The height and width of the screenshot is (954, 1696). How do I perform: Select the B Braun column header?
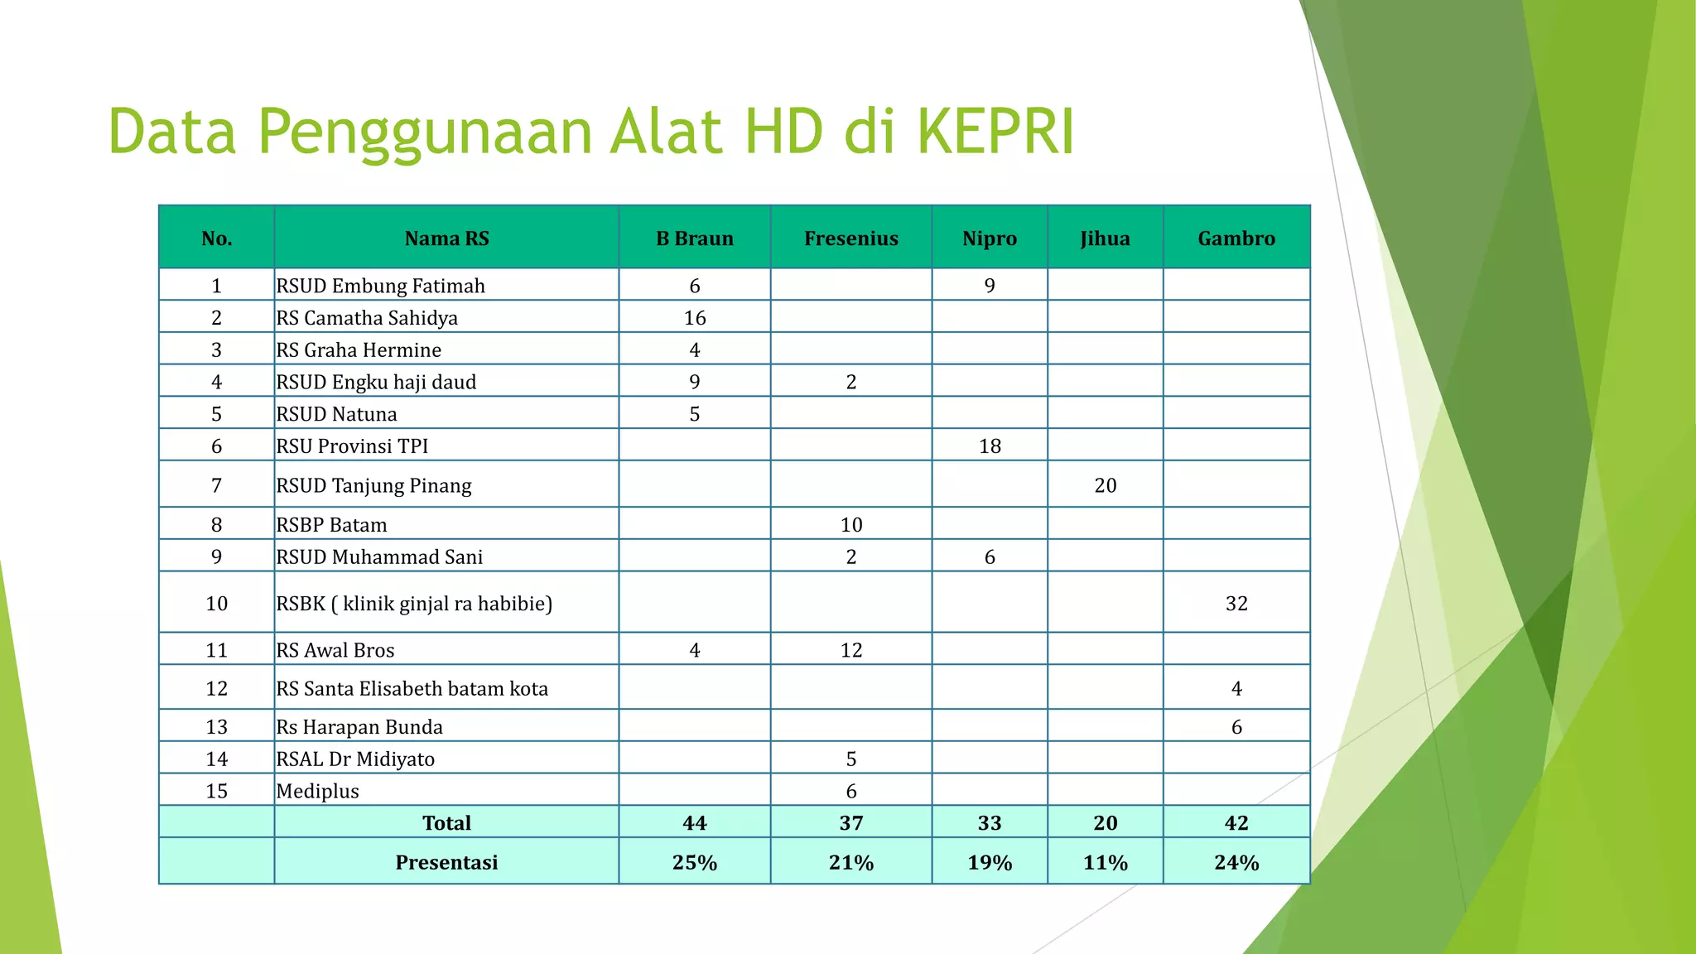[695, 238]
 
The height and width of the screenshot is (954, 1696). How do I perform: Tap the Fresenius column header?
[850, 238]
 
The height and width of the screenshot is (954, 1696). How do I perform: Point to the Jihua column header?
[1105, 238]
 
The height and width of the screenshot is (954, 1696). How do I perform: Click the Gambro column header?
[1236, 238]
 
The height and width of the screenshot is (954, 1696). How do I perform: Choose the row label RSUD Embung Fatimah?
[381, 286]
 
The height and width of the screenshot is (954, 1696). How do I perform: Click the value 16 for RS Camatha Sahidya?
[695, 318]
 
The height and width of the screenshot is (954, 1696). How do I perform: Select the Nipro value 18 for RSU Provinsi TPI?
[990, 446]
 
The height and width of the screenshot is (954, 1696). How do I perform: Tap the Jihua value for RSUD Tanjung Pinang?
[1105, 485]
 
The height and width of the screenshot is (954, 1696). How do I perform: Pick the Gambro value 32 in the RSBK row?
[1236, 604]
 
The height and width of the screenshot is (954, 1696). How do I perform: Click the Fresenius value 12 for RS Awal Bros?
[850, 650]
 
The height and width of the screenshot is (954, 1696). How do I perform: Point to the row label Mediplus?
[318, 791]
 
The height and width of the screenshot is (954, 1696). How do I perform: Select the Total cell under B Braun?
[695, 823]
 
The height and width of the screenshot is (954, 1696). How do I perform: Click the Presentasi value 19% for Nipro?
[990, 863]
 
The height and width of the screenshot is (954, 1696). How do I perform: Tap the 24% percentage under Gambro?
[1236, 863]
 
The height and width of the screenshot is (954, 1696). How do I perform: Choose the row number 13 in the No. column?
[216, 727]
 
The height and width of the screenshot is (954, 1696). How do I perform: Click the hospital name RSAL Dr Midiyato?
[355, 759]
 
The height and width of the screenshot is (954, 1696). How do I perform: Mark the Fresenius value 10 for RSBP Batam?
[850, 525]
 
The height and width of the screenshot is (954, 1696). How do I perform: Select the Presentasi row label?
[446, 863]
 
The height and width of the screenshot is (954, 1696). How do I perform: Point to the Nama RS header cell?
[446, 238]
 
